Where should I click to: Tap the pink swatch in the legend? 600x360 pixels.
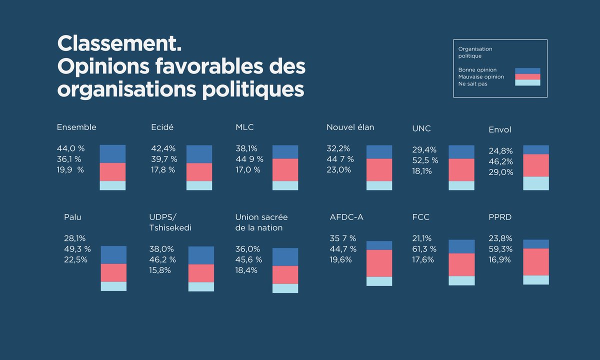click(527, 77)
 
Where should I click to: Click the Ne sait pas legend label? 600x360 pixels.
click(473, 84)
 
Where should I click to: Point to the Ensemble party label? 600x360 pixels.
click(76, 127)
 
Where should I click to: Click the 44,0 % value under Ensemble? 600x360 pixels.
click(70, 148)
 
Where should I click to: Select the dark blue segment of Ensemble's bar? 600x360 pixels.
click(112, 154)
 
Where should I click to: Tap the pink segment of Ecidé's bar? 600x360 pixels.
click(199, 172)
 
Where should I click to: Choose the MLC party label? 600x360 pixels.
click(244, 127)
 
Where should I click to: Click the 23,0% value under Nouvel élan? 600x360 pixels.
click(338, 170)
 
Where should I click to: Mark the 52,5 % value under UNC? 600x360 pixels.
click(425, 160)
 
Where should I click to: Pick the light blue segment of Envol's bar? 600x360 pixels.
click(536, 183)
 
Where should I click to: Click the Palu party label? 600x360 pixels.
click(72, 217)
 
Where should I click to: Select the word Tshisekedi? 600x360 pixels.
click(170, 228)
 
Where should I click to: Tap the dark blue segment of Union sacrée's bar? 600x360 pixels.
click(285, 257)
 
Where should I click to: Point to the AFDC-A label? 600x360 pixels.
click(346, 217)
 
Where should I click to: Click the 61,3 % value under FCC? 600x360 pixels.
click(423, 249)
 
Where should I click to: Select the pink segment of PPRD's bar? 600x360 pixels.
click(536, 262)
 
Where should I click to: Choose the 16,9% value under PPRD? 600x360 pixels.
click(499, 259)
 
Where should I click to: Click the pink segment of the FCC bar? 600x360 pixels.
click(461, 264)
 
